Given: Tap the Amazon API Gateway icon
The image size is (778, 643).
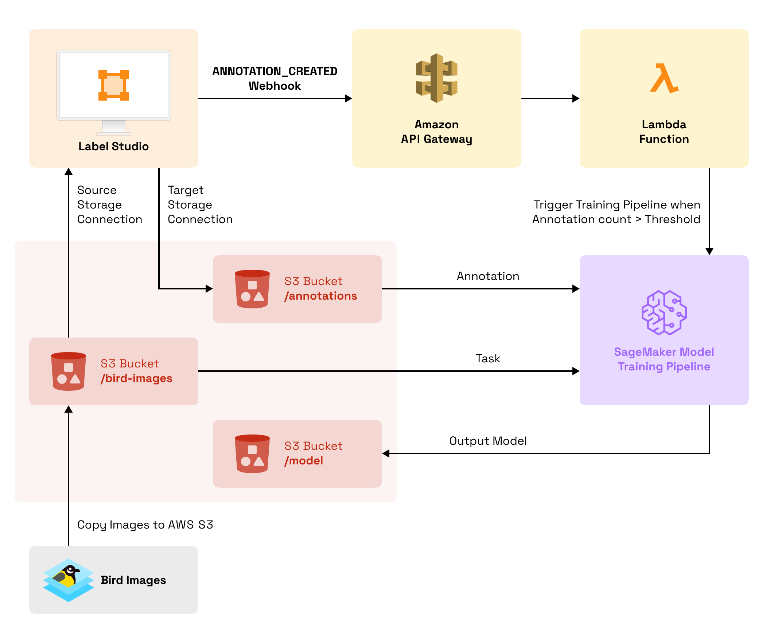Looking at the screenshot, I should pos(436,78).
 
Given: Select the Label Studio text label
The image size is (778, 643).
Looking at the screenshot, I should pos(113,146).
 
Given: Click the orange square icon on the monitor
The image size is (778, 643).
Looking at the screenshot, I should pos(113,85).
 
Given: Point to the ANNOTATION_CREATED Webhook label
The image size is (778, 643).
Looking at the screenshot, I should pos(275,78).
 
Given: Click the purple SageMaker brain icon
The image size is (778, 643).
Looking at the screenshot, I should pos(664,313).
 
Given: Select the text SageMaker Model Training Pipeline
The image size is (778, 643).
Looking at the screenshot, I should pos(664,359).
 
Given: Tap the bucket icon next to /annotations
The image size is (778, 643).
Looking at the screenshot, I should pos(252,289).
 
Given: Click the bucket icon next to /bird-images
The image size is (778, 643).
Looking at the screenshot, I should pos(69,371).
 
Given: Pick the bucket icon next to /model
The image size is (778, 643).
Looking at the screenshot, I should pos(252,454).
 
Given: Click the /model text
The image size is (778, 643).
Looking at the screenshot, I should pos(304,461).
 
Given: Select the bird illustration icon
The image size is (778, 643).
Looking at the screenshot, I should pos(69,580).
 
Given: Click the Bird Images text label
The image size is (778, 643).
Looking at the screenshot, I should pos(133,580).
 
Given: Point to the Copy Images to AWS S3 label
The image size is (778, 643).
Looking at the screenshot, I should pos(145,525).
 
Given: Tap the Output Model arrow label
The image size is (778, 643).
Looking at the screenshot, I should pos(488,441).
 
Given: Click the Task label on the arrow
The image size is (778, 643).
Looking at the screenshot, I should pos(488,359).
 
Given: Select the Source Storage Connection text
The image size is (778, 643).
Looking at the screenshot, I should pos(109,205).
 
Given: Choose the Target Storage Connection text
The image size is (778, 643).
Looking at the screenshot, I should pos(200,205).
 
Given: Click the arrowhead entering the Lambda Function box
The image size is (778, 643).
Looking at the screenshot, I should pos(576,98).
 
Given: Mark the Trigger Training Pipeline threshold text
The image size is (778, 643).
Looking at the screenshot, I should pos(616,212).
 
